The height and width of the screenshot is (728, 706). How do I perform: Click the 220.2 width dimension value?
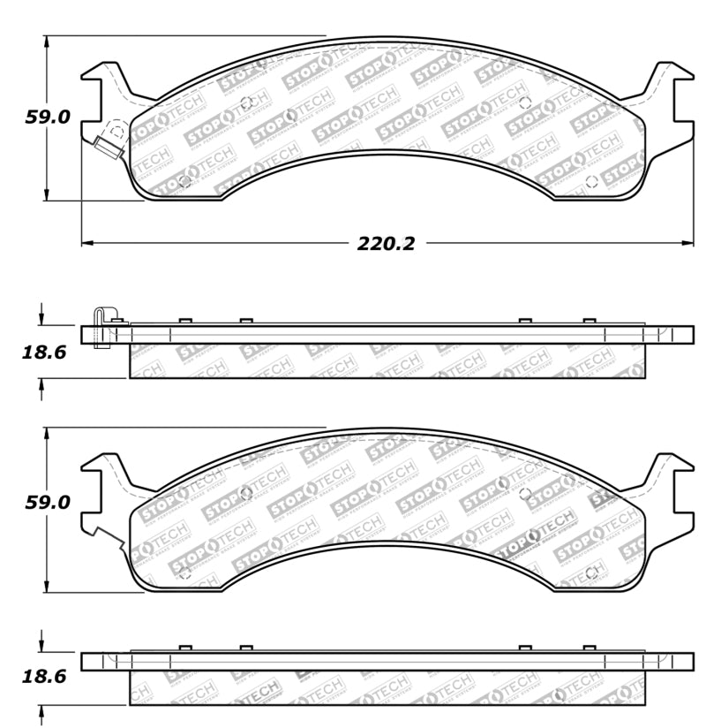[386, 244]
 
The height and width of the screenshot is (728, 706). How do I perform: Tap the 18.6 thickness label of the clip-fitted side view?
[43, 353]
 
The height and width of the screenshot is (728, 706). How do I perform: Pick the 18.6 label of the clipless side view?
[43, 679]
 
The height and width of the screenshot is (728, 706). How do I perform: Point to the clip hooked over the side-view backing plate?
[102, 325]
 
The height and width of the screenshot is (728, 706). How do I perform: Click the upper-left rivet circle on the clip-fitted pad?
[246, 102]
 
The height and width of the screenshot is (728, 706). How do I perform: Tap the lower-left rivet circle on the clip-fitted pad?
[184, 181]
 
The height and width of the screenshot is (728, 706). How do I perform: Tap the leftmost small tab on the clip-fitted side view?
[185, 321]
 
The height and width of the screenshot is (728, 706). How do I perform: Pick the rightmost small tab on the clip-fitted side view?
[589, 321]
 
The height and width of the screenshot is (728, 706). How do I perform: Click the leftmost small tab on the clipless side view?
[185, 648]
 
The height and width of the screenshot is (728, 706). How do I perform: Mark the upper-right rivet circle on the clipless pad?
[524, 493]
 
